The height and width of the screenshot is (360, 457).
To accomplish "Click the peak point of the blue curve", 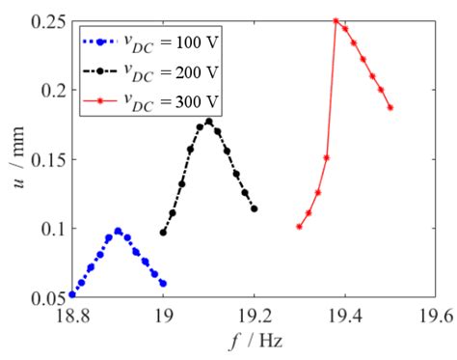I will pos(118,231).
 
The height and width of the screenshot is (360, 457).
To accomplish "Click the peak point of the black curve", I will pos(208,122).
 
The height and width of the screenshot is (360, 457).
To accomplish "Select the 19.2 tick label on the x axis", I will pos(255,314).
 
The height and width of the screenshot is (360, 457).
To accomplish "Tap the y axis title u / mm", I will pos(13,159).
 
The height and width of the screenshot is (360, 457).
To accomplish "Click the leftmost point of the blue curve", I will pos(72,294).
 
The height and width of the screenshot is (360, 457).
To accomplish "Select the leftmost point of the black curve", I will pos(163,233).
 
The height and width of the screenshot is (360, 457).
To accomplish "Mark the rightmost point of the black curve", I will pos(255,208).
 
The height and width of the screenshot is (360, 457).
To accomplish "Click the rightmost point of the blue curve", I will pos(163,284).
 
